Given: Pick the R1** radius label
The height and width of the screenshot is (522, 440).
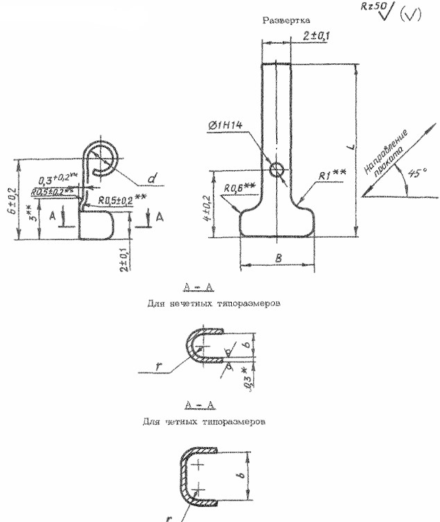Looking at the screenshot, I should pyautogui.click(x=334, y=178).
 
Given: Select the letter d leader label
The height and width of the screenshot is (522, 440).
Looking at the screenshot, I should pyautogui.click(x=153, y=181).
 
